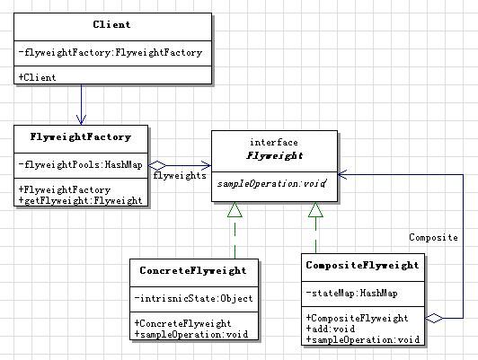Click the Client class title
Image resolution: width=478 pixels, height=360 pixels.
111,24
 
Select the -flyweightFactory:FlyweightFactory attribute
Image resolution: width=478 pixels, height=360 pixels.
110,53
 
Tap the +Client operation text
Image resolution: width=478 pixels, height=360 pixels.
37,77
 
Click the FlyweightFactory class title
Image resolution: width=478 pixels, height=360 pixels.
81,136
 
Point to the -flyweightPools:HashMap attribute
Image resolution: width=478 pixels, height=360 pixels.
81,165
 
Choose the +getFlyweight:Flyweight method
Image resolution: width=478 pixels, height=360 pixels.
81,200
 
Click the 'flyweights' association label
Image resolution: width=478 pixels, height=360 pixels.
180,175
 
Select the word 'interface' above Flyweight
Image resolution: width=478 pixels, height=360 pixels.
274,142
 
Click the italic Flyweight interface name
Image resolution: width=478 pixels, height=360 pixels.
274,155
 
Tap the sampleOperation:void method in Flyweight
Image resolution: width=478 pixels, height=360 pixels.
271,183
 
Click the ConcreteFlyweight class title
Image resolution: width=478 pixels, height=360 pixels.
193,270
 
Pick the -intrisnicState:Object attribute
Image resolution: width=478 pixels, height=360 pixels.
193,298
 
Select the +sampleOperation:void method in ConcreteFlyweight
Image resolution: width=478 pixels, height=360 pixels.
191,334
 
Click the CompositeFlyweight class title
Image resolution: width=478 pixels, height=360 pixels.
362,265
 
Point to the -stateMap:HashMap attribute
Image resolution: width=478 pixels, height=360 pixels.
352,293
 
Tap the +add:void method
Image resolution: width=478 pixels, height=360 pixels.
331,329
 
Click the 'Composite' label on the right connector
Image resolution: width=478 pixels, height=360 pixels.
433,237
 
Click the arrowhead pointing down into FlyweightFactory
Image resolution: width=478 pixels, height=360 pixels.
81,120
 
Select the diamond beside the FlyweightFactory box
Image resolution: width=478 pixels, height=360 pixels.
157,166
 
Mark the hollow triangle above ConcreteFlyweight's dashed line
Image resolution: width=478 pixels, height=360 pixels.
235,210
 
